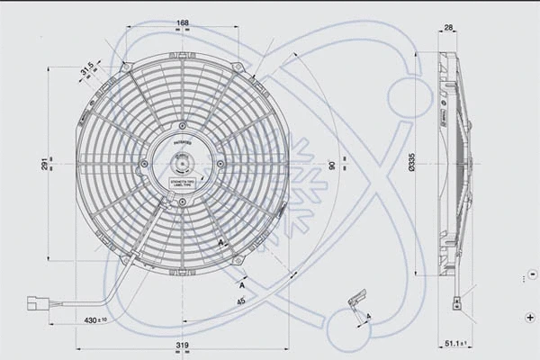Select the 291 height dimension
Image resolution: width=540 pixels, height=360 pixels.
point(43,165)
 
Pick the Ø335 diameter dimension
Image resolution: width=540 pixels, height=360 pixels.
point(411,164)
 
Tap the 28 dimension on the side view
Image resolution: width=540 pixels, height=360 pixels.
point(448,29)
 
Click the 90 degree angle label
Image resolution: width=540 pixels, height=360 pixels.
point(332,165)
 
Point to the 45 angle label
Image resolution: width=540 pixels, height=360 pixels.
point(241,301)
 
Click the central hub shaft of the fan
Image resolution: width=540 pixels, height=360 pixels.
point(182,164)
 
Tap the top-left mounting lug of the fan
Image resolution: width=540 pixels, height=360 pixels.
point(126,67)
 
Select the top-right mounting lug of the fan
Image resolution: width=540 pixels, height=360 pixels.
point(238,67)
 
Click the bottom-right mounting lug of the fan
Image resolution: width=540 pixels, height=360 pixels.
point(238,261)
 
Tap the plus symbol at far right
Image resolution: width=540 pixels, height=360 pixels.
point(528,317)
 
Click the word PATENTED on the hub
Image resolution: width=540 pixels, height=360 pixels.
point(182,142)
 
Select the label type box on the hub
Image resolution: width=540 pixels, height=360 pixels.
point(182,184)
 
